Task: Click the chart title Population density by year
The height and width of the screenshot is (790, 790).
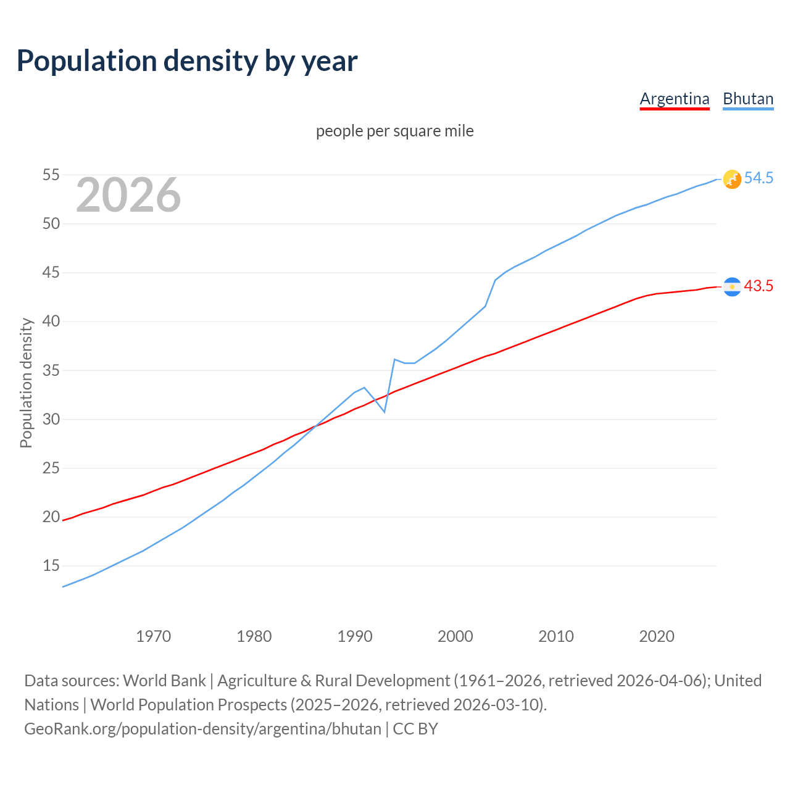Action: (187, 61)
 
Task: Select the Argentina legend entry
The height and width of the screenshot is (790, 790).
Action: (675, 99)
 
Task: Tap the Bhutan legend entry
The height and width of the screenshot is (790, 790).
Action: (748, 99)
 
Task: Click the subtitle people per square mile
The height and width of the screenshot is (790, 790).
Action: (395, 131)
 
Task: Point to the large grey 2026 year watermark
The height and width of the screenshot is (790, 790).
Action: (128, 195)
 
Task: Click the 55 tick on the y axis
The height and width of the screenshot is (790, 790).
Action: (51, 175)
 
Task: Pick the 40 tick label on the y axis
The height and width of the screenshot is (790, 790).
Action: (51, 321)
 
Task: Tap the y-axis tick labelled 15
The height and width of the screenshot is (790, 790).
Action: (51, 565)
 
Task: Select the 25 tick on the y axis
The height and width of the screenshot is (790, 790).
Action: (51, 468)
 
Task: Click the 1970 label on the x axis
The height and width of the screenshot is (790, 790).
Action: (154, 636)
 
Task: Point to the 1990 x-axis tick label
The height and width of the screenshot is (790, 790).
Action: (355, 636)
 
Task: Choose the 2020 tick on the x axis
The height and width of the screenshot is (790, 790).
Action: (657, 636)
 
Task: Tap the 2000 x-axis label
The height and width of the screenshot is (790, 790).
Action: (455, 636)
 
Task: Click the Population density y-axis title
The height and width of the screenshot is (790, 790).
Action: (26, 383)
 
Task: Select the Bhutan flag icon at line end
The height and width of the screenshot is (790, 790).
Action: (732, 179)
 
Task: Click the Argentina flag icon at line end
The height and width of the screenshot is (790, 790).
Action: (732, 286)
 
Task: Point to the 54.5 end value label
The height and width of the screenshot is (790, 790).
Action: (759, 178)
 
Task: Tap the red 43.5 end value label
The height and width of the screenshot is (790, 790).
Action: (759, 286)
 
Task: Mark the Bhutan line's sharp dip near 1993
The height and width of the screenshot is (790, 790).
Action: (385, 412)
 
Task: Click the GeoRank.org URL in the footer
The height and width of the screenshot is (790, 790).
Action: (202, 729)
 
